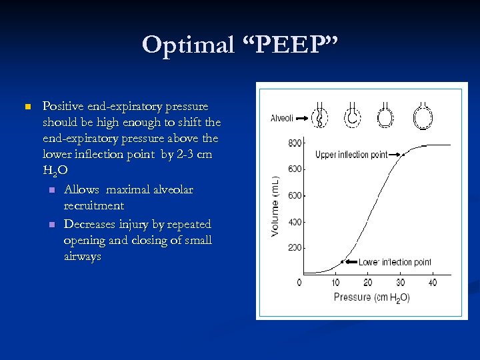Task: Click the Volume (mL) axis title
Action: click(x=275, y=206)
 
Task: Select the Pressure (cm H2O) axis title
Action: click(x=371, y=297)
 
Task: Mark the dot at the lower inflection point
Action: click(x=342, y=261)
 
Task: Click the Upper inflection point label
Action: click(x=351, y=155)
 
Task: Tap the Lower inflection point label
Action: click(x=395, y=262)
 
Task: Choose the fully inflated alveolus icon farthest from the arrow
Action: click(x=422, y=117)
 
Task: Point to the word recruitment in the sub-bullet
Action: click(x=94, y=206)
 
